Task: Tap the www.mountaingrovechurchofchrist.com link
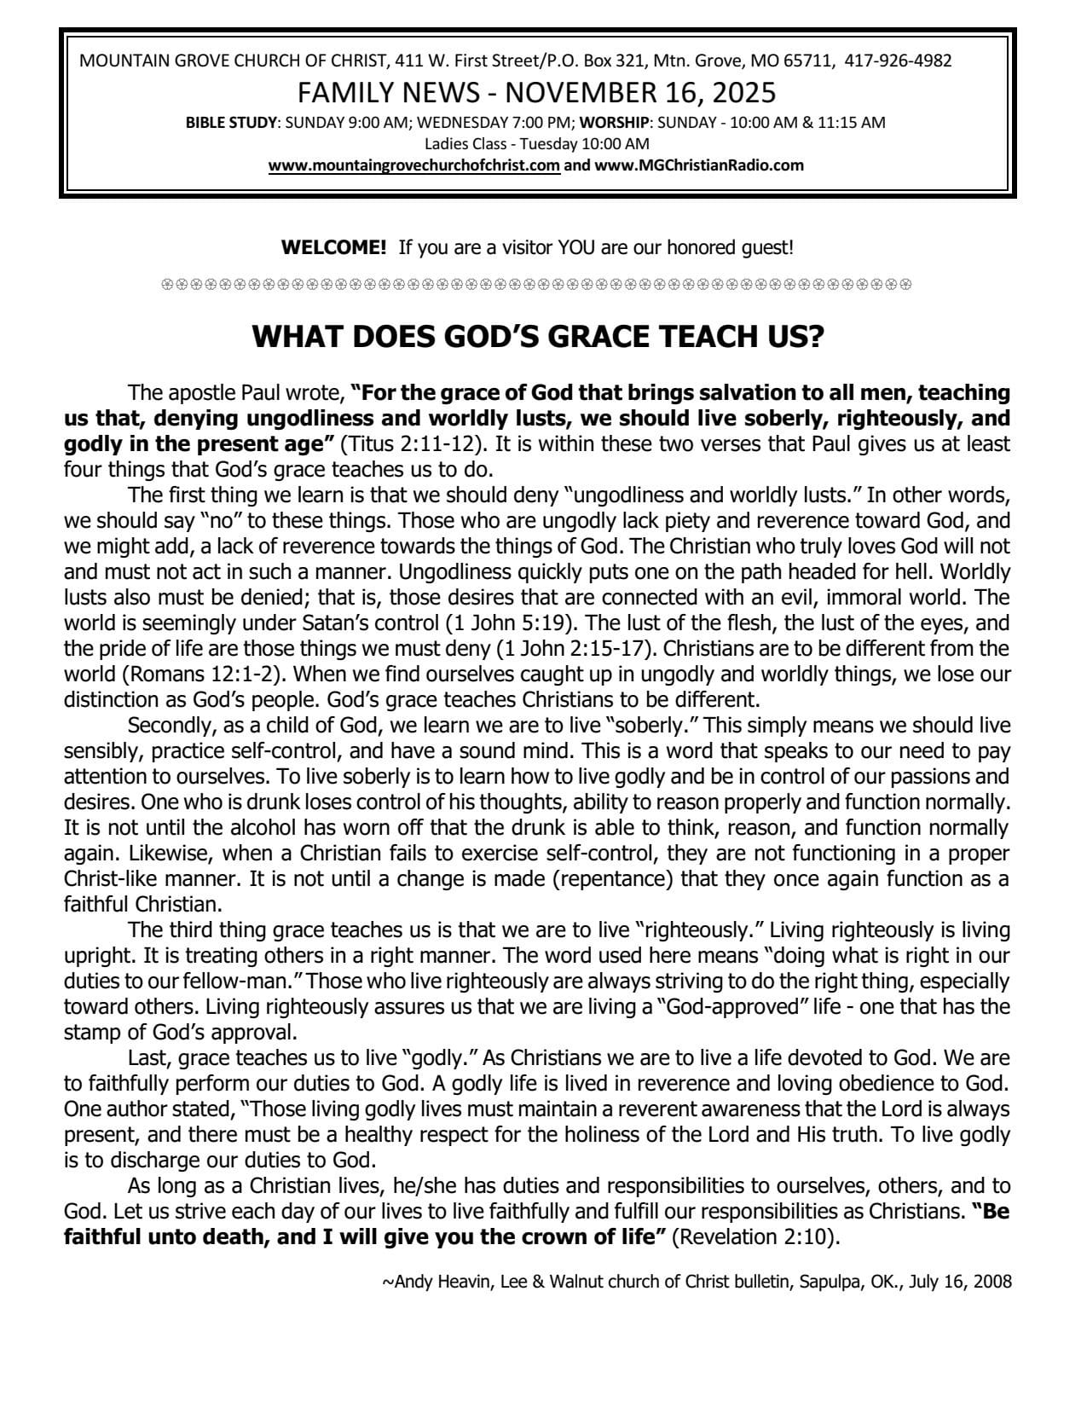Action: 414,165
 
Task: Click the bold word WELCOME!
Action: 334,248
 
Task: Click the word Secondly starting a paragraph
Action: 168,726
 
